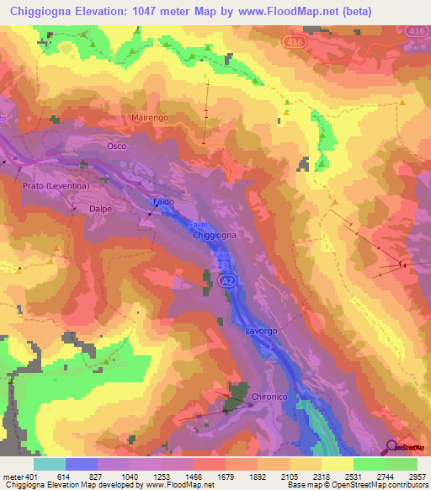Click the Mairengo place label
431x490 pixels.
150,119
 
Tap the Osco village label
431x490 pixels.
117,146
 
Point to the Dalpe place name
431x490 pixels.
102,205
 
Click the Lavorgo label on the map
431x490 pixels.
261,331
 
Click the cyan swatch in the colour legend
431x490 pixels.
50,464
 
